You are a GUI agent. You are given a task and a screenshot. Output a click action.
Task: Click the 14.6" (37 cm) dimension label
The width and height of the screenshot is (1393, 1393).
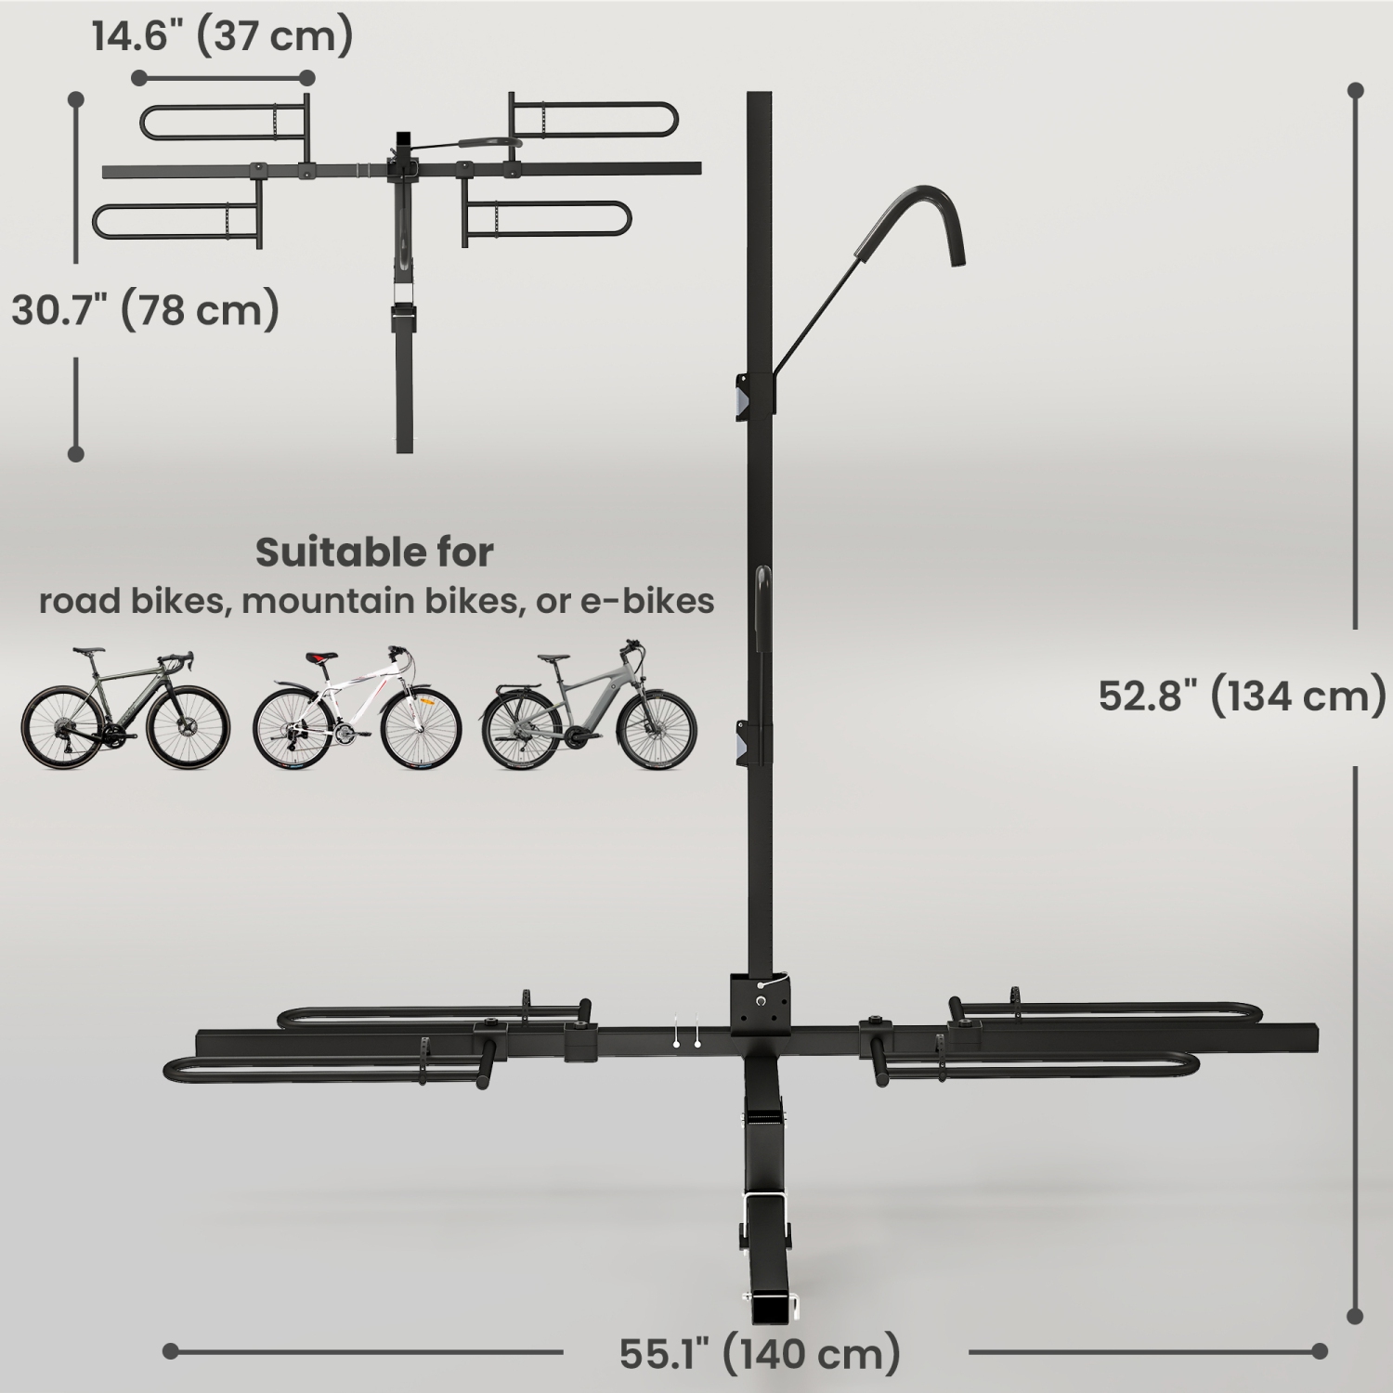[x=222, y=37]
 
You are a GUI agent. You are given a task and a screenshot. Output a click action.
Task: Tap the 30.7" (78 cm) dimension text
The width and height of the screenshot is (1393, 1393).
[x=145, y=309]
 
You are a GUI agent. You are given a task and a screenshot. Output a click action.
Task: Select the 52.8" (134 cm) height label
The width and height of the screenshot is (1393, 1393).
[x=1242, y=695]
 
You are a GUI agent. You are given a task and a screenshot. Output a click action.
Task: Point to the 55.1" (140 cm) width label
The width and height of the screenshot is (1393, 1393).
[x=761, y=1353]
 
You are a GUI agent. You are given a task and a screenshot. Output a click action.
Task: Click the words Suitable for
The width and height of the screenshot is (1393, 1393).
[x=374, y=552]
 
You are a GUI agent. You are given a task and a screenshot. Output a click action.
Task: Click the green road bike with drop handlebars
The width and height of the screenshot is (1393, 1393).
[x=124, y=710]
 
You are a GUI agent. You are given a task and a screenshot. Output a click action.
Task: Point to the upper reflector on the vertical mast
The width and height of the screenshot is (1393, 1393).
[x=744, y=396]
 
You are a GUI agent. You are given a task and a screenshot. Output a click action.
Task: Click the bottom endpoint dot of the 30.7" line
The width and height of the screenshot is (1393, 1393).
[x=76, y=453]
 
